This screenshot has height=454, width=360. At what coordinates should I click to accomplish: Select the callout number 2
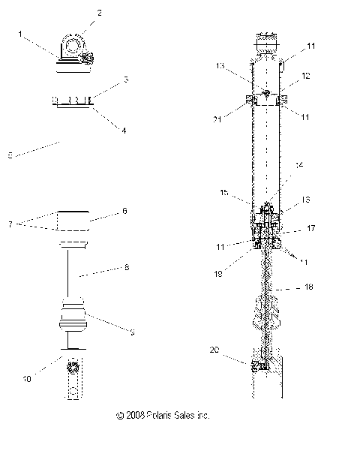pyautogui.click(x=100, y=14)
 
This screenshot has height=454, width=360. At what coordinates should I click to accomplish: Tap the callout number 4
pyautogui.click(x=124, y=130)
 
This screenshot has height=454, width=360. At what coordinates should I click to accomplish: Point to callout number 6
pyautogui.click(x=125, y=212)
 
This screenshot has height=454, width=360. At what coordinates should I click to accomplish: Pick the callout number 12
pyautogui.click(x=306, y=77)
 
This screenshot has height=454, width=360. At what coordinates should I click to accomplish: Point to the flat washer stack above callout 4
pyautogui.click(x=73, y=100)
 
